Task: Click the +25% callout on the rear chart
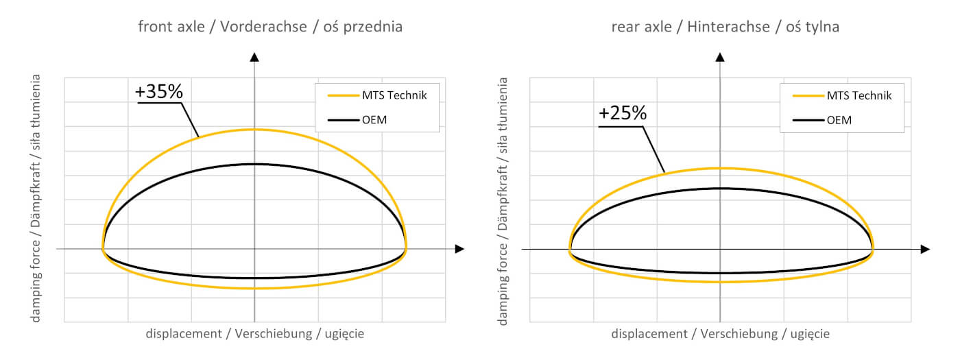pos(622,113)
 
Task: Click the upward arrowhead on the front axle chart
pos(254,57)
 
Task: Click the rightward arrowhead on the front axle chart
pos(459,249)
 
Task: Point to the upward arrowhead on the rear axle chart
pos(720,57)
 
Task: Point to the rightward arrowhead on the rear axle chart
pos(924,249)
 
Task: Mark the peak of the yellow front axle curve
pos(254,129)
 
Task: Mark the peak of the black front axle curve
pos(254,164)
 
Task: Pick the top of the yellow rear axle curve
pos(720,168)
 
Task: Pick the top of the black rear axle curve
pos(720,188)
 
